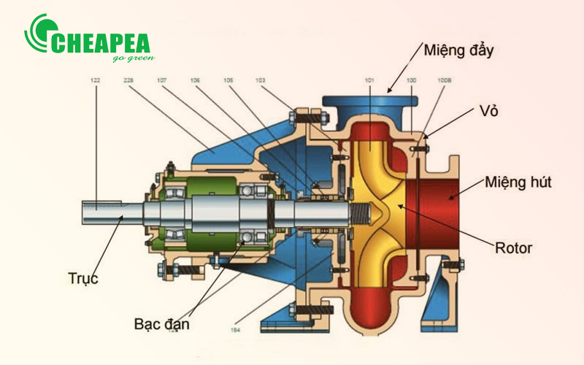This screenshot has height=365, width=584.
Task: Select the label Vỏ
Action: point(488,111)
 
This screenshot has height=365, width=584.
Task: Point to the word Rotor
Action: point(514,248)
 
